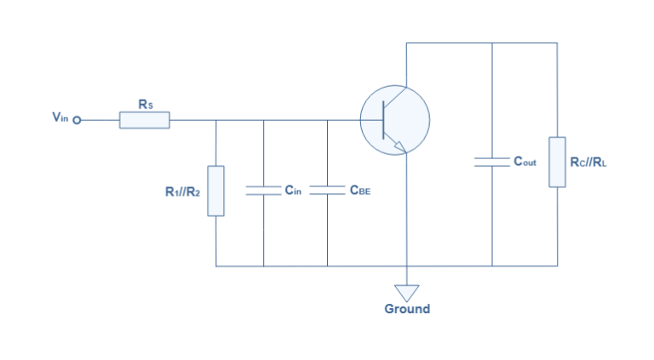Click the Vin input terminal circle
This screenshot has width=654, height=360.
[x=77, y=121]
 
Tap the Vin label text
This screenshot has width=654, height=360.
[x=60, y=118]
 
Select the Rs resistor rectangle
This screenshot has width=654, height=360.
[x=144, y=121]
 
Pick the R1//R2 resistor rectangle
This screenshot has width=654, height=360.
[x=216, y=191]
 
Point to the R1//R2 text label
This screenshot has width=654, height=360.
[x=182, y=192]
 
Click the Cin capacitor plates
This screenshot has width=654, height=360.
[x=263, y=191]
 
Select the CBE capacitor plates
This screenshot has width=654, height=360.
[x=327, y=191]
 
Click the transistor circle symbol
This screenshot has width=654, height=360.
[x=394, y=121]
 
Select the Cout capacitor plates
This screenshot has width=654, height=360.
[x=492, y=161]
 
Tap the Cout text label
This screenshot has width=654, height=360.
[x=525, y=161]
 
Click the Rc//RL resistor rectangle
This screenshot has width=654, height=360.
[x=557, y=161]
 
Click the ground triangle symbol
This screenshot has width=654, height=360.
[x=407, y=293]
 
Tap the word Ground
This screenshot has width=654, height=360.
[x=407, y=309]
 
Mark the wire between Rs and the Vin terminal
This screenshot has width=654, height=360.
[x=100, y=121]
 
